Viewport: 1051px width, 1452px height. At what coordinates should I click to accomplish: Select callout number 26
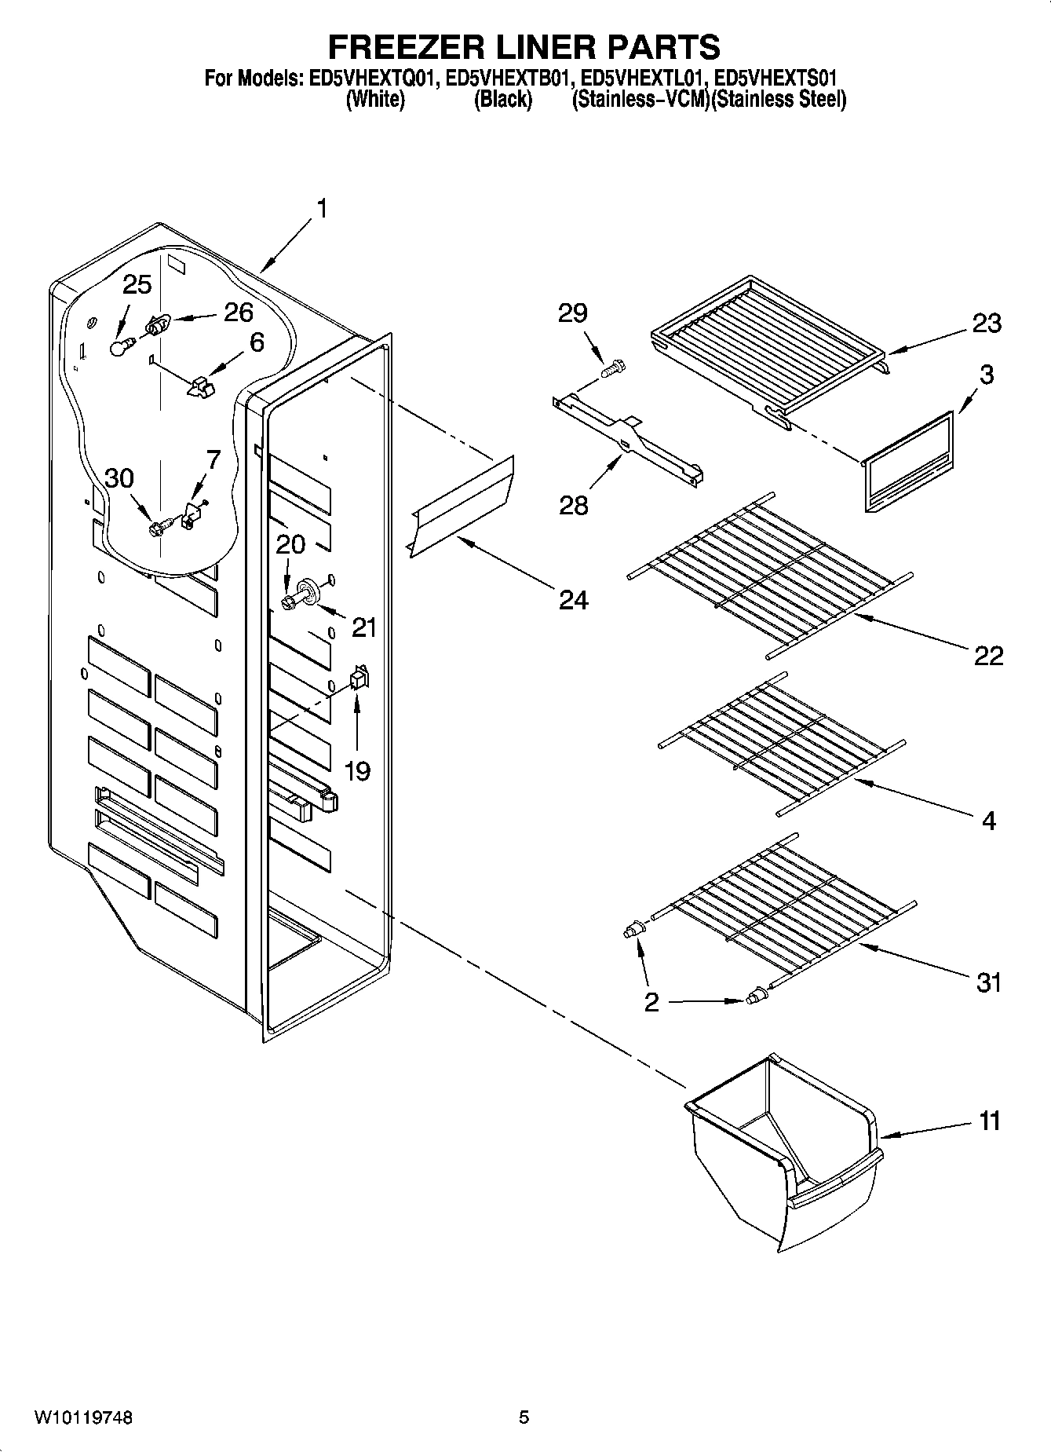pos(239,312)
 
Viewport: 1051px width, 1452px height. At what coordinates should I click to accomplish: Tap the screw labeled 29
pos(612,367)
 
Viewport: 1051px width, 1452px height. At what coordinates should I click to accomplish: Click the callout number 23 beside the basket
pos(987,323)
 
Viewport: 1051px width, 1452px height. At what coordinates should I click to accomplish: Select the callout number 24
pos(573,601)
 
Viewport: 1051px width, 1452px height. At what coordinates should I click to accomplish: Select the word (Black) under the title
pos(503,100)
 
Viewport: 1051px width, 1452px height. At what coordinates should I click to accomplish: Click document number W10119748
pos(83,1417)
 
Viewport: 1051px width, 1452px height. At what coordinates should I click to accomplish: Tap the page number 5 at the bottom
pos(524,1417)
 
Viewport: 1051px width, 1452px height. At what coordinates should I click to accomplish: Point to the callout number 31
pos(988,982)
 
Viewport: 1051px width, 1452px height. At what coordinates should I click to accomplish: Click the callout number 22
pos(988,655)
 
